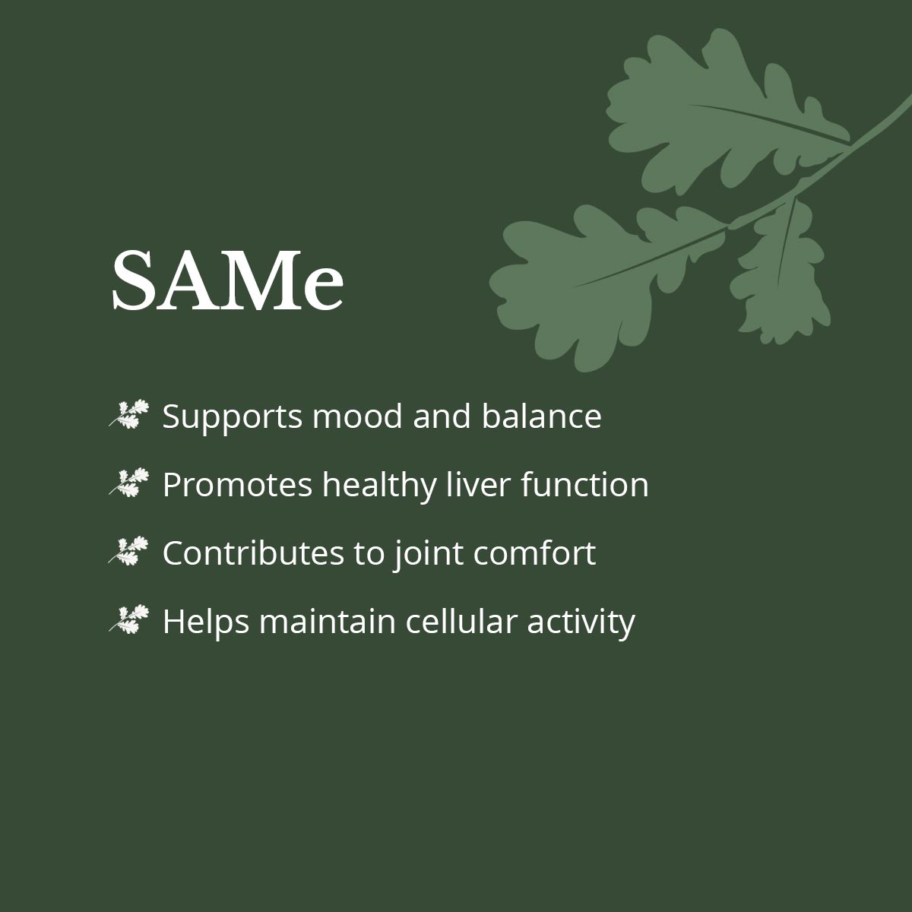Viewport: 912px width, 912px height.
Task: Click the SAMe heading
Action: (228, 281)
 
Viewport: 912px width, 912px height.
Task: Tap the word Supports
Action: (232, 417)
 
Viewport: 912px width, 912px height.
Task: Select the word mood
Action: (357, 416)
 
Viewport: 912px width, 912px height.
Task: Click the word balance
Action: (541, 416)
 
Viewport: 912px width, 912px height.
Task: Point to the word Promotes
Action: (238, 485)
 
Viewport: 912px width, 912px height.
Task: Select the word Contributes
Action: (253, 553)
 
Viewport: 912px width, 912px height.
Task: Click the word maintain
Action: (327, 621)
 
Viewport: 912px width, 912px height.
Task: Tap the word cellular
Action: (461, 621)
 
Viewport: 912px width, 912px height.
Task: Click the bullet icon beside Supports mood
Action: (128, 414)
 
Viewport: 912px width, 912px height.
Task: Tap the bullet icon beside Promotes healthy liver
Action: (128, 483)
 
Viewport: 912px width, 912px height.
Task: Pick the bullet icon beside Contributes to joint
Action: (128, 551)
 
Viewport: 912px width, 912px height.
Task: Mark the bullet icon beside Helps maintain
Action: (128, 619)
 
